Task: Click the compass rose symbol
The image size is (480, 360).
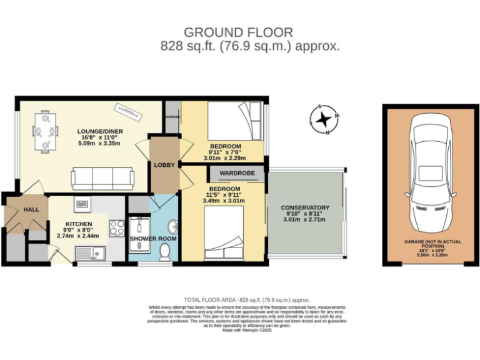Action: pyautogui.click(x=325, y=119)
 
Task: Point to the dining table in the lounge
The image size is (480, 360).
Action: pyautogui.click(x=46, y=131)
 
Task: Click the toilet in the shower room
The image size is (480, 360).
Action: pyautogui.click(x=166, y=252)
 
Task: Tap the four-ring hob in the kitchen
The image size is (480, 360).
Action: pyautogui.click(x=116, y=229)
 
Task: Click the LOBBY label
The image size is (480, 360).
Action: pyautogui.click(x=164, y=165)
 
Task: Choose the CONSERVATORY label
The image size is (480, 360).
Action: pyautogui.click(x=305, y=207)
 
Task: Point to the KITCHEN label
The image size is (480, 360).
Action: pyautogui.click(x=79, y=224)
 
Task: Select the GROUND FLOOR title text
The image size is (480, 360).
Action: pyautogui.click(x=237, y=32)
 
